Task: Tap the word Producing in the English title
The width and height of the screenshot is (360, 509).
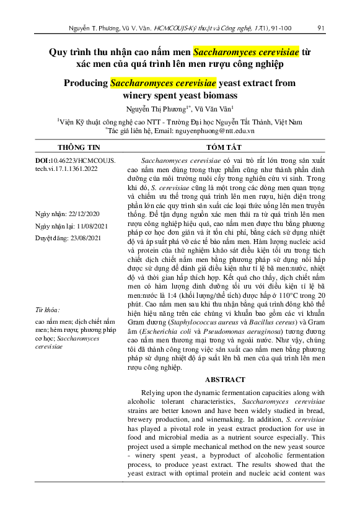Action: pos(86,82)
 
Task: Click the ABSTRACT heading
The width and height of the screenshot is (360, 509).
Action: pos(221,380)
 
